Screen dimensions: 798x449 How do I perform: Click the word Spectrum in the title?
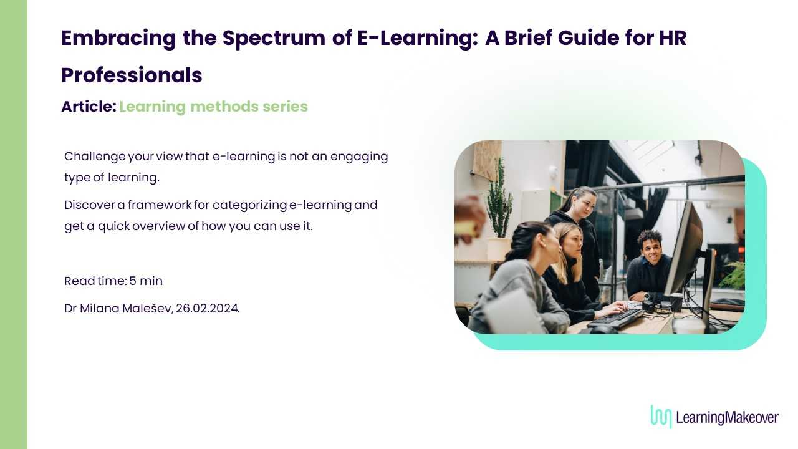(274, 39)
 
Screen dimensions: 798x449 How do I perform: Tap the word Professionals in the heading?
(132, 75)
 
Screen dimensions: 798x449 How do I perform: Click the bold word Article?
(89, 106)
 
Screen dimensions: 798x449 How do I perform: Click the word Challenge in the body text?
(95, 157)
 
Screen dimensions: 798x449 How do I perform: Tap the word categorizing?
(250, 205)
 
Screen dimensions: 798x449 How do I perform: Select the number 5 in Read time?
(133, 281)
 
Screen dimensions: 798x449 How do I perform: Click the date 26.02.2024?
(208, 308)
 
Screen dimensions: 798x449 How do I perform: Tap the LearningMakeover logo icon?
(661, 416)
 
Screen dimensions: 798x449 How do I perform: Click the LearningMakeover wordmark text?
(727, 417)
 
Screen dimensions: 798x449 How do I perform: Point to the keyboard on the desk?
(615, 318)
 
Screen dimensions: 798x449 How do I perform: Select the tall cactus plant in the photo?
(499, 200)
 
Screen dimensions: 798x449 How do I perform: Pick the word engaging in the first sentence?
(359, 157)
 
